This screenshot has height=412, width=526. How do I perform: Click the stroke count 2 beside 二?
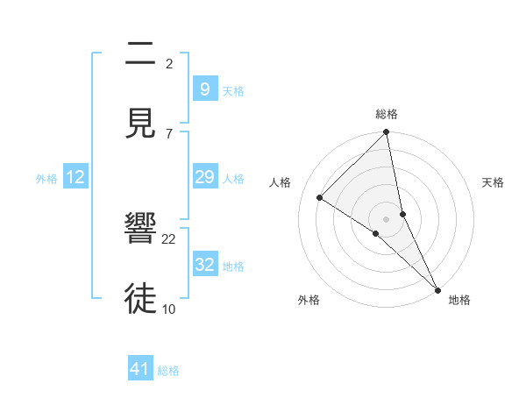click(169, 64)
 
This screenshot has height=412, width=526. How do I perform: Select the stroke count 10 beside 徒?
click(169, 309)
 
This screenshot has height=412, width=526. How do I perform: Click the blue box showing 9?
click(204, 89)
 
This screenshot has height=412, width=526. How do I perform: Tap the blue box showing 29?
click(204, 177)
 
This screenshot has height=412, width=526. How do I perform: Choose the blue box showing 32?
click(204, 265)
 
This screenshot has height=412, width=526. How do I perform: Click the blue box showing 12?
click(75, 177)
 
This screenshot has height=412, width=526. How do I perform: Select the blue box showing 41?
click(140, 369)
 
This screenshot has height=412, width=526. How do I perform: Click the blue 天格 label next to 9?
click(233, 91)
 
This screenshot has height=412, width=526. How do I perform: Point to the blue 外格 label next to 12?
click(46, 179)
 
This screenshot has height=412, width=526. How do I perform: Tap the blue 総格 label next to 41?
click(168, 371)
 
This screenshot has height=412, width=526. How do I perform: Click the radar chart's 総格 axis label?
click(387, 114)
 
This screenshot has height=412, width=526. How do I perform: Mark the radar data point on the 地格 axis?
click(437, 288)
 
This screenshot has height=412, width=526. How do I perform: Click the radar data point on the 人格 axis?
click(320, 197)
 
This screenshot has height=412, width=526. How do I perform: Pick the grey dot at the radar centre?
click(387, 218)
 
